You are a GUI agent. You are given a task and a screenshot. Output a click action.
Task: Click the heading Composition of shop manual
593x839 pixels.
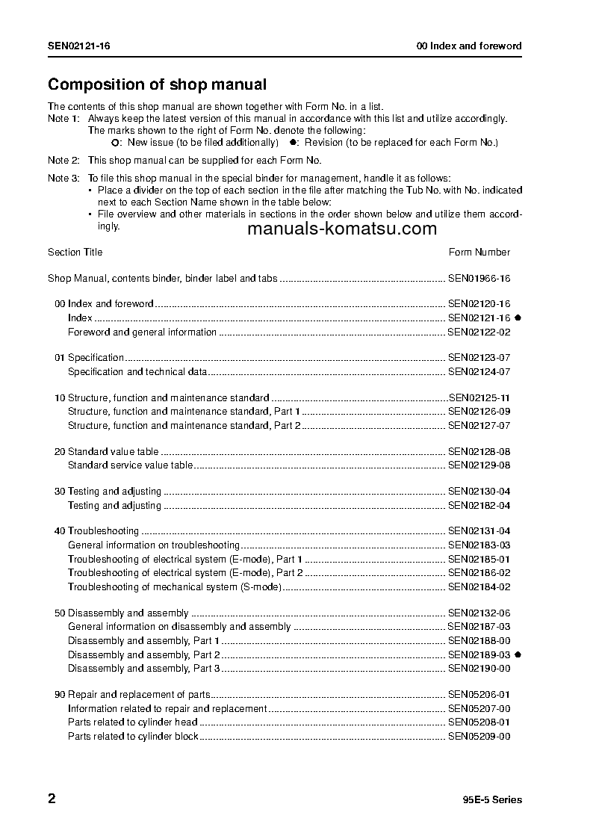(157, 85)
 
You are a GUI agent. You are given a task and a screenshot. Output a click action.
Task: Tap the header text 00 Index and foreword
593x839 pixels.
(469, 46)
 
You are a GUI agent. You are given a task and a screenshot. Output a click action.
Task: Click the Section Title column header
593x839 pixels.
(75, 253)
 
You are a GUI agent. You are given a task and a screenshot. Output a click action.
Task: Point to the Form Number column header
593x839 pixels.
(479, 253)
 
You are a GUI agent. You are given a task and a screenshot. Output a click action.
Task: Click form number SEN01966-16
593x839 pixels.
(479, 279)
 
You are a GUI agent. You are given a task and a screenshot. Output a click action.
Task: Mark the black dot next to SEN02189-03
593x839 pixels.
(518, 654)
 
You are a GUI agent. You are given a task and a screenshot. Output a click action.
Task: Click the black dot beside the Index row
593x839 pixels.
(518, 318)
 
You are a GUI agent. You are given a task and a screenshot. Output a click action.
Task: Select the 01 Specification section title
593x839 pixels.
(90, 358)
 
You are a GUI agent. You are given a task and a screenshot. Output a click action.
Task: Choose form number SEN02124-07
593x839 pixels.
(479, 371)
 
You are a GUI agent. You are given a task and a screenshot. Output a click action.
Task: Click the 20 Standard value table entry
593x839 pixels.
(107, 452)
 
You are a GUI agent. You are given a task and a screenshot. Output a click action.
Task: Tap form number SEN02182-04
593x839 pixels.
(479, 506)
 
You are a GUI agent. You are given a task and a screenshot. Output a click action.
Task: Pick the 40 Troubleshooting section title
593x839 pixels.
(97, 531)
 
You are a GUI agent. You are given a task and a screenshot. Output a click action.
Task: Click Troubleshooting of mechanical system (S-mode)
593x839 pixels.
(174, 587)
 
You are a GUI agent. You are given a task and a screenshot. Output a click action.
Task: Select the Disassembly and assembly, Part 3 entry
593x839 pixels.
(143, 669)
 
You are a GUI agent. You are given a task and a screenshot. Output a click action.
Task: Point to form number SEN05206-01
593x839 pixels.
(479, 694)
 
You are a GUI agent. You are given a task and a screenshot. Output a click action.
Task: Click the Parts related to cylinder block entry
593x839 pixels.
(133, 737)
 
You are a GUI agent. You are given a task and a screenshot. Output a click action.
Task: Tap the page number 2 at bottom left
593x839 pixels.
(52, 799)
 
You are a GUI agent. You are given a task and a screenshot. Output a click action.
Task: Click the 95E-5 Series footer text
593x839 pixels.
(492, 800)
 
